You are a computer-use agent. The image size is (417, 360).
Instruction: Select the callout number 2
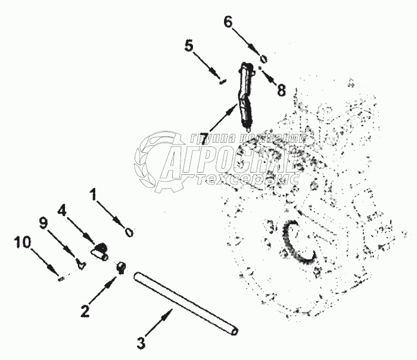coord(85,309)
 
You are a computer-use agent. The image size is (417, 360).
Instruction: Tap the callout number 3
coord(141,343)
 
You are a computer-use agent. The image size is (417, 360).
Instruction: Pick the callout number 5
coord(188,46)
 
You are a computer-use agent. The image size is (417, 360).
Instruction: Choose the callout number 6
coord(228,22)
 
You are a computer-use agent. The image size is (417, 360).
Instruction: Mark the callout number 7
coord(204,138)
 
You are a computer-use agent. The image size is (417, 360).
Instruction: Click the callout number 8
coord(281,90)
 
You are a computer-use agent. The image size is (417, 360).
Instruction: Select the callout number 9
coord(43,223)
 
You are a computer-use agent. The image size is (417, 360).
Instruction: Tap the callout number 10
coord(21,243)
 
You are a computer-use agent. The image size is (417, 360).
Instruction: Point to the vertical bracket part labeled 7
coord(247,95)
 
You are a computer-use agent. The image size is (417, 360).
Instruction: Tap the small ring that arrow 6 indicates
coord(264,59)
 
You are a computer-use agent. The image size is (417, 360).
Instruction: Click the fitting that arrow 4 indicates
coord(99,250)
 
